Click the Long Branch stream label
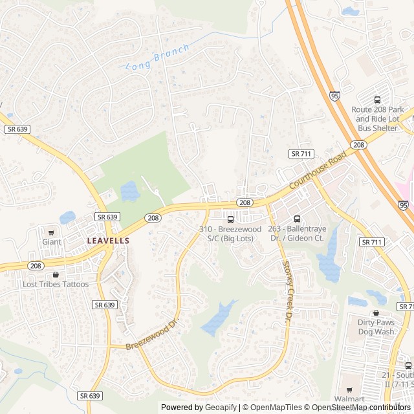(157, 58)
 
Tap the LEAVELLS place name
(108, 241)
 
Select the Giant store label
(52, 242)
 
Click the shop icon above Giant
(52, 232)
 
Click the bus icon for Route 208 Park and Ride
(377, 100)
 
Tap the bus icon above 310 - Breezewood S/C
(230, 219)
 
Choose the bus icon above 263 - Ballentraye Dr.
(298, 219)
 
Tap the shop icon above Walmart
(350, 390)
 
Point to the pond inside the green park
(129, 191)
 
